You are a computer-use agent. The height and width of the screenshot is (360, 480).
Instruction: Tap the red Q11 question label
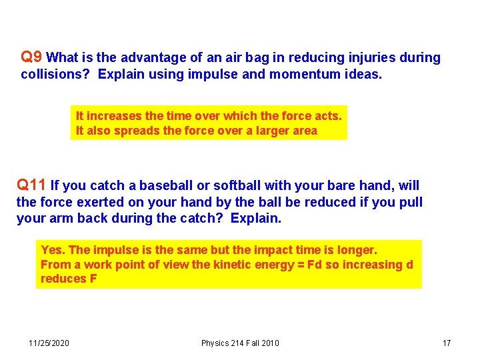coord(32,185)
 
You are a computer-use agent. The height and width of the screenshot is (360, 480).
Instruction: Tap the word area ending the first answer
coord(305,131)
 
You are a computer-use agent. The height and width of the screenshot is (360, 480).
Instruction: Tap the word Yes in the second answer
coord(52,250)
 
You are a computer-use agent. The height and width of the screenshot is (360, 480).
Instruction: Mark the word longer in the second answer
coord(358,250)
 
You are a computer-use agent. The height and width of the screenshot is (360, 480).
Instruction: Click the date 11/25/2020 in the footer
coord(49,343)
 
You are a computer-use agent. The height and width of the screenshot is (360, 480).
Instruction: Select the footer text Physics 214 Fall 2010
coord(240,343)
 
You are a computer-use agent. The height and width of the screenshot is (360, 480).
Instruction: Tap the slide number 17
coord(447,343)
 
